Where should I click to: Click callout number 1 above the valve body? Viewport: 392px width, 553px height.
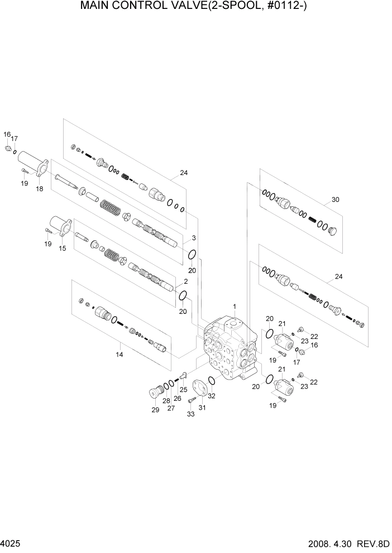[235, 306]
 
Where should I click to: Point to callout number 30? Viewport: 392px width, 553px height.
[336, 200]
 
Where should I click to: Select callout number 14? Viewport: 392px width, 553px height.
[119, 354]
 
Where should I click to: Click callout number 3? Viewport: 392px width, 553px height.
[194, 238]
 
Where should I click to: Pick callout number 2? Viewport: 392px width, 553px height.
[185, 281]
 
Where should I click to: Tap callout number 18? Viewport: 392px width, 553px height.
[40, 189]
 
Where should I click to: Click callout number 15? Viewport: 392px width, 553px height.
[63, 248]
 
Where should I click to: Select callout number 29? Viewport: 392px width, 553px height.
[155, 410]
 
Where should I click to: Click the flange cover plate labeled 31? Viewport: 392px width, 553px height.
[198, 389]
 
